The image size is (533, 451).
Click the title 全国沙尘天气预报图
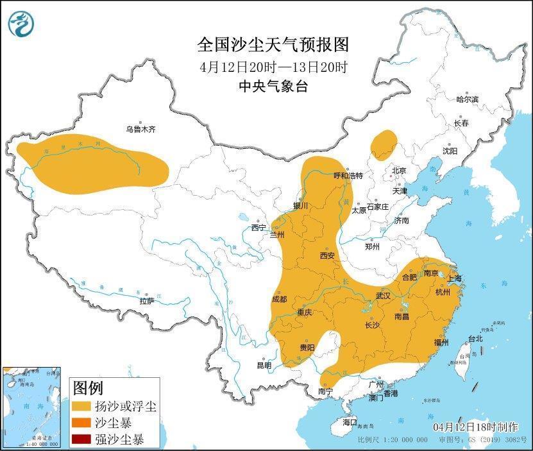click(273, 45)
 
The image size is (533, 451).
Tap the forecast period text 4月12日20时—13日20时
click(273, 67)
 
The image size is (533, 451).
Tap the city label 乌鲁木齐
click(140, 129)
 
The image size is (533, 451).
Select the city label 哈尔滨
click(467, 99)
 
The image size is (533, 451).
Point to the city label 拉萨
click(147, 300)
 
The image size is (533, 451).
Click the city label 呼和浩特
click(349, 175)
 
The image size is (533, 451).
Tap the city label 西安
click(327, 255)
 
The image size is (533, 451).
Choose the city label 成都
click(280, 298)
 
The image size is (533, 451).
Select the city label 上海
click(454, 278)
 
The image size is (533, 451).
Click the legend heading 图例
click(88, 388)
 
